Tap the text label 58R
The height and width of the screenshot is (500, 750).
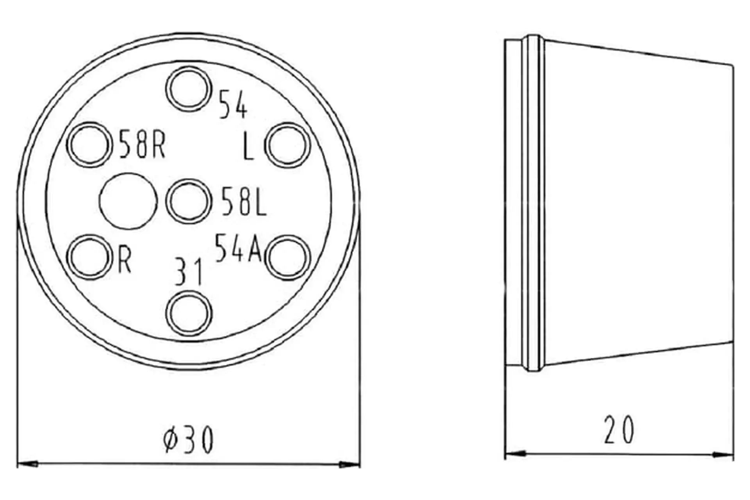(142, 144)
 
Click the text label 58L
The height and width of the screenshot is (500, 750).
(244, 201)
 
